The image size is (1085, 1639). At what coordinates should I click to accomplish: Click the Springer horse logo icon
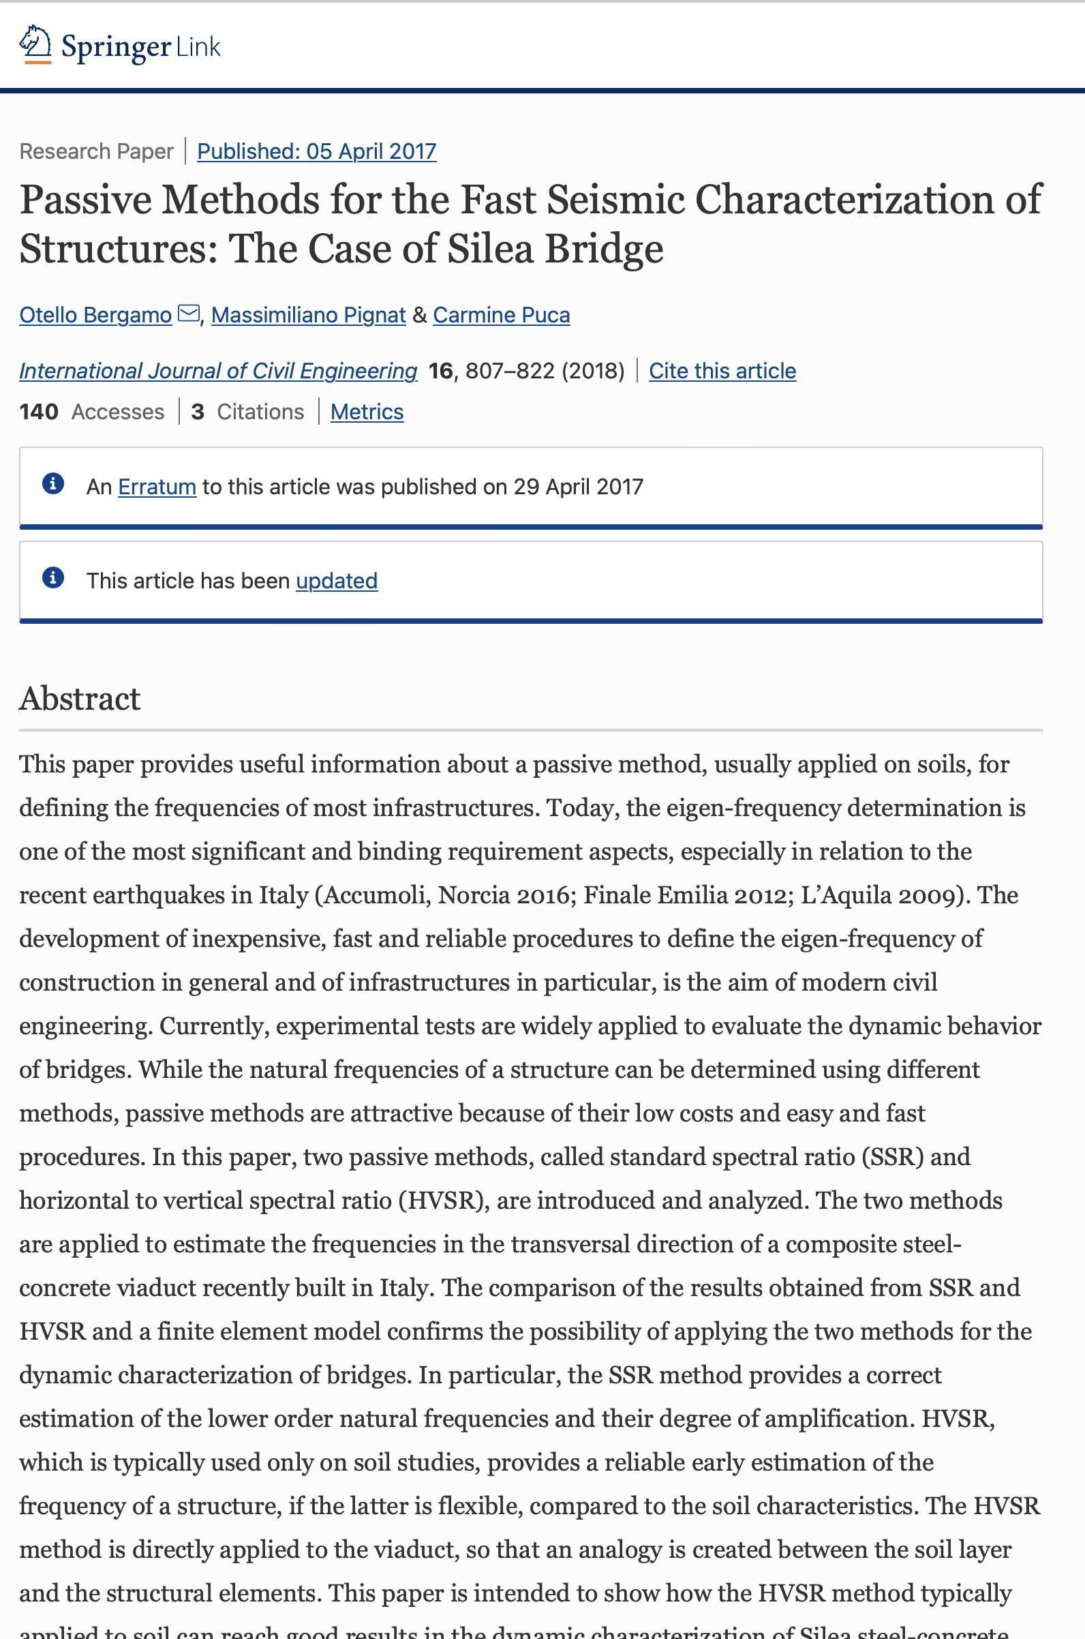35,45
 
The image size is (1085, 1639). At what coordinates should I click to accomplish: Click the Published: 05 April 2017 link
316,151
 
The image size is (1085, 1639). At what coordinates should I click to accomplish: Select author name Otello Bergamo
95,315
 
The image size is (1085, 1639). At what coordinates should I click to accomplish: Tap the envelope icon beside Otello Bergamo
188,314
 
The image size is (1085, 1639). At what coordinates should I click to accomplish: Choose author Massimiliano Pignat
308,315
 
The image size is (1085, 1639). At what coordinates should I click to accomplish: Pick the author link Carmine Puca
501,315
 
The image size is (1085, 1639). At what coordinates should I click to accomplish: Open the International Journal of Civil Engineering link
218,371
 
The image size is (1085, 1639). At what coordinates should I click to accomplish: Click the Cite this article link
722,371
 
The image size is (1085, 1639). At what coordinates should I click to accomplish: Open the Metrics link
367,412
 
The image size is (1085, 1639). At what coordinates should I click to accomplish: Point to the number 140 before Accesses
39,412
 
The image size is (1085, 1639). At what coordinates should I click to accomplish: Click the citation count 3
198,412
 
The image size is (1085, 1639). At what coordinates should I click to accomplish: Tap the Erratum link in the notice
157,487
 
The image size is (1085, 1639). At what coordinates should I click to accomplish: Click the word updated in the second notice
336,581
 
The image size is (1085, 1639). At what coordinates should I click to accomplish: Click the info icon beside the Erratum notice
53,483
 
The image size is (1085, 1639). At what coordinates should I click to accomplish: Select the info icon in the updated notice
53,577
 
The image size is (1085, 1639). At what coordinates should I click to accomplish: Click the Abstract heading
80,698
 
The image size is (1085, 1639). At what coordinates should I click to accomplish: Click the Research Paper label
96,151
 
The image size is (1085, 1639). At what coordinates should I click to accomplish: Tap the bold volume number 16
441,371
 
